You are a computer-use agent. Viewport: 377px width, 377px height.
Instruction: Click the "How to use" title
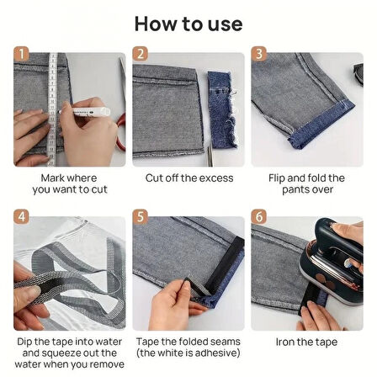(188, 24)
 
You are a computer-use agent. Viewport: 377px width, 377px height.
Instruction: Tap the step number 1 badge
(21, 54)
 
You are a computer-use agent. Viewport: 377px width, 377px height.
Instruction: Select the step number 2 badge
(140, 54)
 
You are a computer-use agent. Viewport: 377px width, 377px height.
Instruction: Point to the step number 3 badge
(258, 54)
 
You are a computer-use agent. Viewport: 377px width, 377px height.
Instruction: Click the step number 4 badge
(21, 217)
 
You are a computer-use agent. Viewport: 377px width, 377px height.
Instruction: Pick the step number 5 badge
(140, 217)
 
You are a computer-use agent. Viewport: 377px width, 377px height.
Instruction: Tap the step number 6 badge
(258, 217)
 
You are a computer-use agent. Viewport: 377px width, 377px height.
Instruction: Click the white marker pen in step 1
(84, 112)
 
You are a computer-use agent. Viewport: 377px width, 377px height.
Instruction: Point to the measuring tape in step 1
(52, 109)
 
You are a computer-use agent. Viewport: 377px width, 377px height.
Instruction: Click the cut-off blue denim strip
(222, 109)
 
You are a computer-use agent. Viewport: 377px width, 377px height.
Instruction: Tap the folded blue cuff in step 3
(322, 125)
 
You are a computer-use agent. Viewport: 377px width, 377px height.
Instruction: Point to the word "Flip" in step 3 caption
(277, 178)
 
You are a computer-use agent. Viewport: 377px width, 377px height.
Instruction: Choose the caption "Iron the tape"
(306, 342)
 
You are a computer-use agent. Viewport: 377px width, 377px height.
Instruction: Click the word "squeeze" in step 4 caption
(62, 353)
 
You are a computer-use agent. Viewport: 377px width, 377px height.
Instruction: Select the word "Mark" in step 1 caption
(52, 178)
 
